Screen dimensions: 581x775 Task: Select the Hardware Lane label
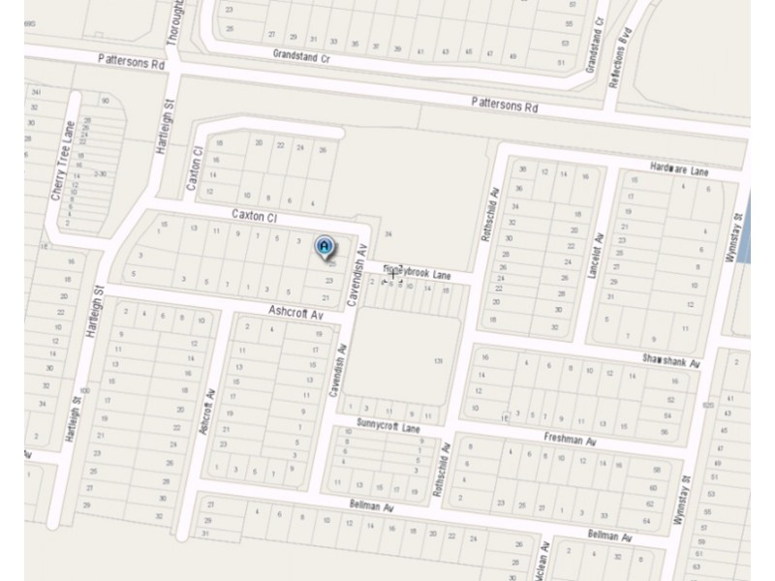click(x=680, y=171)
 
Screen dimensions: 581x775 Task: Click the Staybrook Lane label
click(x=418, y=273)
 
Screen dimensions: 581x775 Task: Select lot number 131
click(x=438, y=361)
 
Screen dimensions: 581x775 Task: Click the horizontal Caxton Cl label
click(x=254, y=216)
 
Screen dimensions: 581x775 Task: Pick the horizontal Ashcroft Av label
click(x=294, y=314)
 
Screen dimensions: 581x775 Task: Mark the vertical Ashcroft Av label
click(x=207, y=412)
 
